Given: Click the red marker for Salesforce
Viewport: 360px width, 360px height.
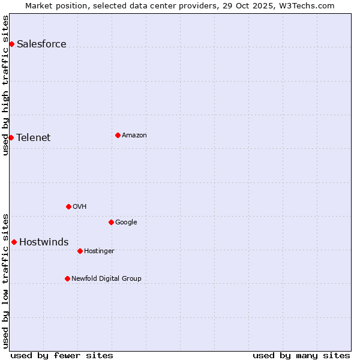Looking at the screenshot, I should (11, 44).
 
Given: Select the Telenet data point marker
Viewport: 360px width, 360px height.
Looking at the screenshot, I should (11, 137).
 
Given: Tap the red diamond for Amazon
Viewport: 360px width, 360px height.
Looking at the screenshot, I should (118, 135).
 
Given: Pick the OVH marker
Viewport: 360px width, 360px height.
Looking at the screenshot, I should (68, 206).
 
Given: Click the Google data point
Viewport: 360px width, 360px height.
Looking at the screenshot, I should (111, 222).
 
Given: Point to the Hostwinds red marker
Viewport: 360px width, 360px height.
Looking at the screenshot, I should (14, 242).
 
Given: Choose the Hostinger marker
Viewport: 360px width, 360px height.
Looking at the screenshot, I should (80, 251).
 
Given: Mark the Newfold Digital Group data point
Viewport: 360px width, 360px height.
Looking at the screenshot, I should (67, 278).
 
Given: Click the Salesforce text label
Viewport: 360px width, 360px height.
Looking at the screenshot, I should (41, 44).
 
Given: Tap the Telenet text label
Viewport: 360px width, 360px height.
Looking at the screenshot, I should (34, 137).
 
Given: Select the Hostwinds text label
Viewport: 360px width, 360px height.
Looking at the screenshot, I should (44, 242).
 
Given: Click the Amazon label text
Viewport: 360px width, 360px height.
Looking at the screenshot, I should (134, 135).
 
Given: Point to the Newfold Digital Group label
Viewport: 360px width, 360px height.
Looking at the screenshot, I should (106, 278).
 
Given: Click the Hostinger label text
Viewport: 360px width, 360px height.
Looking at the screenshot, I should (99, 251).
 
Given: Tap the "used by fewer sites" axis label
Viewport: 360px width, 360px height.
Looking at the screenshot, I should (62, 355).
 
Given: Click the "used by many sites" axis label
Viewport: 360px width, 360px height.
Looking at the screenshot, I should (301, 355).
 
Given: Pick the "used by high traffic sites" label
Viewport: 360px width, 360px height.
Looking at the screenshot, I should (5, 85).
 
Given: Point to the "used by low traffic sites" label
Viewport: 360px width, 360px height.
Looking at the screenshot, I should (5, 280).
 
